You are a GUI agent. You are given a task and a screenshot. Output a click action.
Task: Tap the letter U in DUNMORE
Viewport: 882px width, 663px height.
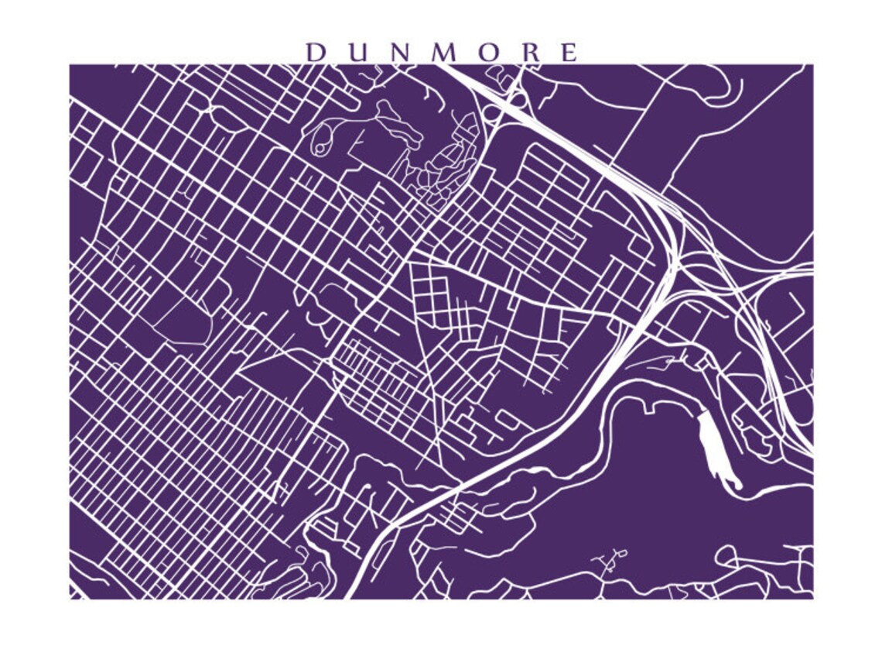(358, 53)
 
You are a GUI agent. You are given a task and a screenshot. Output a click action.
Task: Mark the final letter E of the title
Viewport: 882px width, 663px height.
(569, 53)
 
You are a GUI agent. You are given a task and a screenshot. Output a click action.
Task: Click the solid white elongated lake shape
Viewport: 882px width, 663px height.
(717, 449)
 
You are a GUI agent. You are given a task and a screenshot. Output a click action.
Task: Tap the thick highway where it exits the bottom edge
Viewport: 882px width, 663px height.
(350, 595)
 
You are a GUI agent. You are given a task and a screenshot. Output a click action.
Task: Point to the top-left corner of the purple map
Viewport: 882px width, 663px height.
(70, 65)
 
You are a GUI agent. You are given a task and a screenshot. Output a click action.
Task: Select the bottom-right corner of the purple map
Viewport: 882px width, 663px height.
(812, 598)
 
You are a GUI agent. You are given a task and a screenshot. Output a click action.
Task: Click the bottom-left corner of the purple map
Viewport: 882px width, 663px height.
(70, 598)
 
